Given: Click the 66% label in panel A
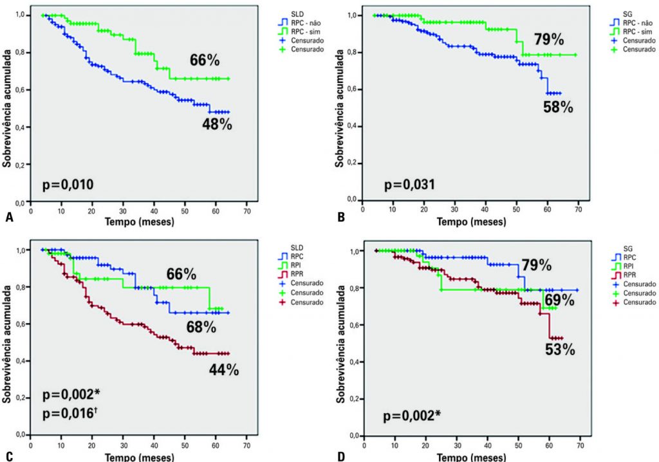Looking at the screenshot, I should click(205, 60).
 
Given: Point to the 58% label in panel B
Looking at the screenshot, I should click(557, 107).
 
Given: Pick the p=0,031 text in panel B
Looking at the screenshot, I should click(409, 185).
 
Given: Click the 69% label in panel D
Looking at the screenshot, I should click(560, 301).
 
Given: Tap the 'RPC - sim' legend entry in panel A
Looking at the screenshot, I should click(301, 30).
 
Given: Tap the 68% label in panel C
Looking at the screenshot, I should click(200, 327).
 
